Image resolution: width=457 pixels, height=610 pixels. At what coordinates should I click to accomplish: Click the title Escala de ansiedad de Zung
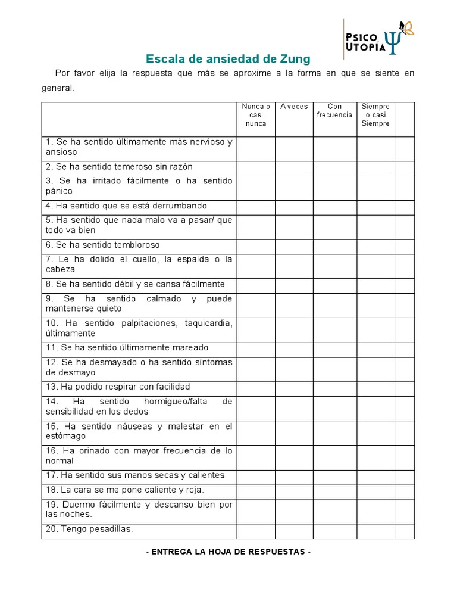(228, 59)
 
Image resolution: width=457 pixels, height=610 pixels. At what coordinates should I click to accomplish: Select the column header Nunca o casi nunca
(256, 115)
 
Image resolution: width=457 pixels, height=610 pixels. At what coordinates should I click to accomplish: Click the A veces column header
(294, 107)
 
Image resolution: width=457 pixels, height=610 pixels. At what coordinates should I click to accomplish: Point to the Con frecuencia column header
(334, 111)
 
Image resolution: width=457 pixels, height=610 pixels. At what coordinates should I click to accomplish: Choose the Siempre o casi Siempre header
(375, 115)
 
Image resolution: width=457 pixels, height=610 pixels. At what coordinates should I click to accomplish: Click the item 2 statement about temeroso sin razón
(119, 167)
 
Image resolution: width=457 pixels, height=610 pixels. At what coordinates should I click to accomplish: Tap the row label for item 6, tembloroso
(103, 245)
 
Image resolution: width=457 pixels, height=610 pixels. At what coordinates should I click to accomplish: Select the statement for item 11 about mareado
(127, 347)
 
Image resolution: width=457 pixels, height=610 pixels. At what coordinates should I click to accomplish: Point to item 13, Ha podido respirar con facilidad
(118, 387)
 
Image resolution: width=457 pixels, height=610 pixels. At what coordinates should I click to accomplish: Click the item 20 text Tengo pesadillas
(89, 529)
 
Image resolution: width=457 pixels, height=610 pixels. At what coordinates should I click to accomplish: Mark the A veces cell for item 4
(294, 206)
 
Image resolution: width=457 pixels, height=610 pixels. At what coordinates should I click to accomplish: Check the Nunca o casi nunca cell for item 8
(256, 284)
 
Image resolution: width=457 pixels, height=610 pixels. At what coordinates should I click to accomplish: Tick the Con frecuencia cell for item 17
(334, 475)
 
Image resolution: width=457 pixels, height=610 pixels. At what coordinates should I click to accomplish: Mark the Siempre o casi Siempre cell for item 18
(375, 490)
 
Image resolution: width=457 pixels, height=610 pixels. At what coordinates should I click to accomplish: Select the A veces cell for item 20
(294, 530)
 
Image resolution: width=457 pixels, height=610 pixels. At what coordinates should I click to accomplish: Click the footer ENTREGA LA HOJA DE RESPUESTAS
(228, 552)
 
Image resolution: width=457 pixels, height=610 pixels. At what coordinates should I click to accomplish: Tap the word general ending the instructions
(58, 88)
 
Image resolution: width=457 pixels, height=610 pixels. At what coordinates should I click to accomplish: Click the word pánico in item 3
(59, 191)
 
